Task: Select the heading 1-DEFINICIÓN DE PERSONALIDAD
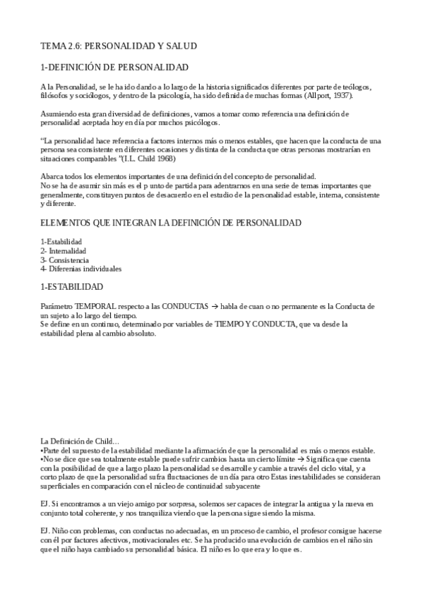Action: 114,68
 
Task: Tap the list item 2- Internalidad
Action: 64,251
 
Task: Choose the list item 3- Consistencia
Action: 64,260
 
